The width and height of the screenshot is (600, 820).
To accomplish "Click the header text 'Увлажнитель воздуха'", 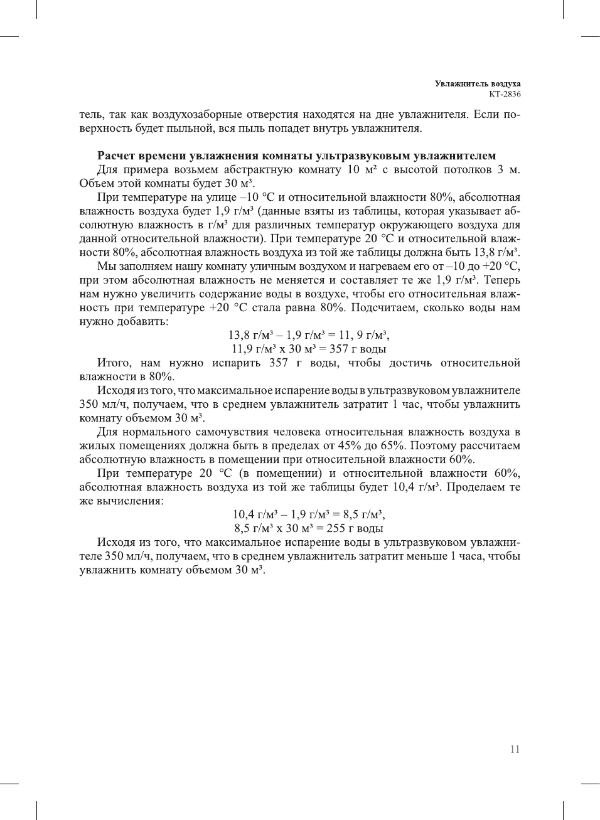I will pos(478,83).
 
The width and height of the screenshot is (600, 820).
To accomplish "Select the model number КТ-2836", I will pos(505,94).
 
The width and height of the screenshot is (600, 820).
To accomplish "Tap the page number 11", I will pos(515,749).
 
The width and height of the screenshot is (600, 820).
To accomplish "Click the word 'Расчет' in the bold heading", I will pos(119,156).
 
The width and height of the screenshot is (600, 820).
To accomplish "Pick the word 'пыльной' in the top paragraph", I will pos(193,129).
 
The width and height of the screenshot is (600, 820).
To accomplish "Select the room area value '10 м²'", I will pos(362,170).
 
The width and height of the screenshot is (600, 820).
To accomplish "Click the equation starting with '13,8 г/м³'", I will pos(308,335).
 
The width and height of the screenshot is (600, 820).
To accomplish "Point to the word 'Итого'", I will pos(114,363).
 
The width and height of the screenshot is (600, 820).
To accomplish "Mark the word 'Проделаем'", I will pos(476,487).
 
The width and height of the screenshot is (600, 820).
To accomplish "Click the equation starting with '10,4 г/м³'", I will pos(308,515).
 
